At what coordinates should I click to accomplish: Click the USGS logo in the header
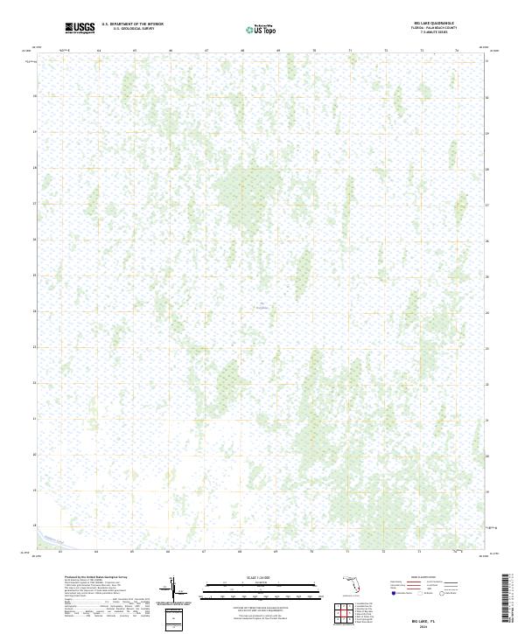pos(80,27)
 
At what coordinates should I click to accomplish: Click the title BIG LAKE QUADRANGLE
pos(434,23)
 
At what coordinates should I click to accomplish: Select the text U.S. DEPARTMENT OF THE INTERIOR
pos(132,24)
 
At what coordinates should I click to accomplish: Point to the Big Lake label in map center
pos(262,306)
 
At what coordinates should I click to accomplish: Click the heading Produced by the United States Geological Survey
pos(95,576)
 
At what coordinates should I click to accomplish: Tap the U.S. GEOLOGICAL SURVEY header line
pos(132,28)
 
